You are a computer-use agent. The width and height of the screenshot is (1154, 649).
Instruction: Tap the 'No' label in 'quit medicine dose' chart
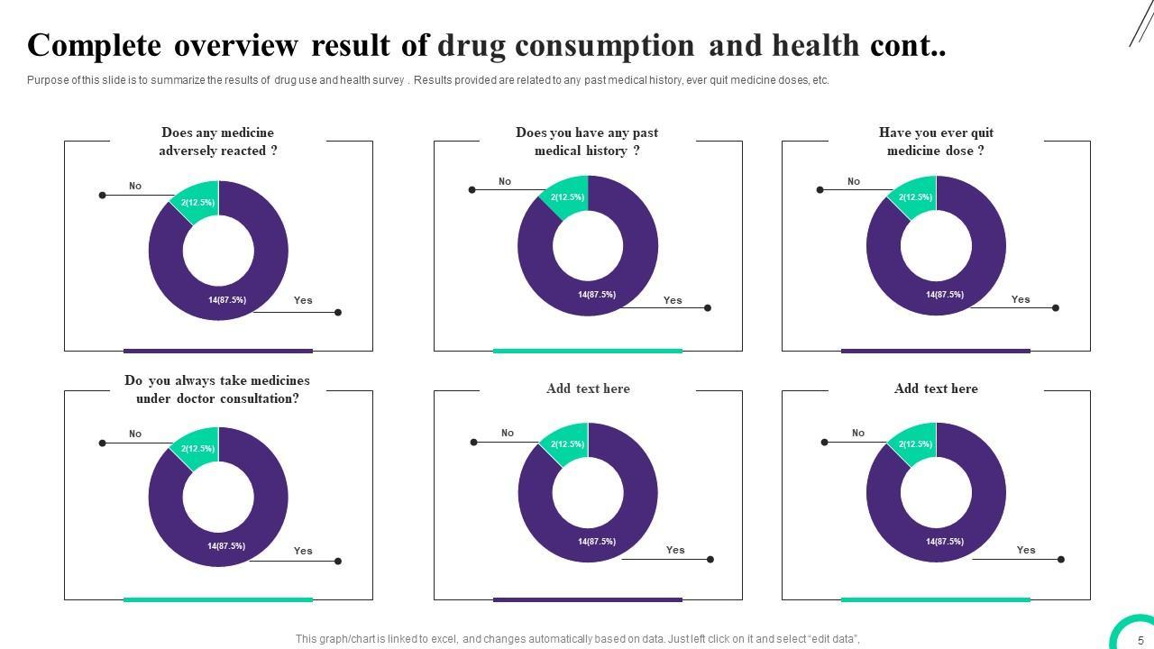854,182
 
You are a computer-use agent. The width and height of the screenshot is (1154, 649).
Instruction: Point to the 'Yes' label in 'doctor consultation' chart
303,551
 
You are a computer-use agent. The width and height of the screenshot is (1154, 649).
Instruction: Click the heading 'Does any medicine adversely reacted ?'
218,142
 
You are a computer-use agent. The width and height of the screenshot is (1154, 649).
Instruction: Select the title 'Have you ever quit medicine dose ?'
936,142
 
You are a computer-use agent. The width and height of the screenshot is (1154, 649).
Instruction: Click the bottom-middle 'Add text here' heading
588,388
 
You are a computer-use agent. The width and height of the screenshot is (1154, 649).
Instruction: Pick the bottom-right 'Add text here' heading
936,388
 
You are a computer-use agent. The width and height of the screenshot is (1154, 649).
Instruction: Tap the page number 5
1140,641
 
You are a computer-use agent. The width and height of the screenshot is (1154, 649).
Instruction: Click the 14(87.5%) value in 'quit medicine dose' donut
944,295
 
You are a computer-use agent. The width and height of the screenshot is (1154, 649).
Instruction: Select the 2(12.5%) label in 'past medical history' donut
567,197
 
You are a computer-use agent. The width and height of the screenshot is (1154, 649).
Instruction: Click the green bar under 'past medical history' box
588,351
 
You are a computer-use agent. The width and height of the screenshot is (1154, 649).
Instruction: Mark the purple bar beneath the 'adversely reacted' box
218,351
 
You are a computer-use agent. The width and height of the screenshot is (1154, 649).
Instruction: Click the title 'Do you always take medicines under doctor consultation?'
217,389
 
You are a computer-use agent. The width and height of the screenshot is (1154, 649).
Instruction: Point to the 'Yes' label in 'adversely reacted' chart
303,301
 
